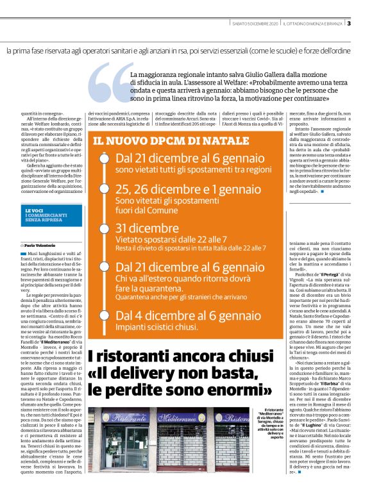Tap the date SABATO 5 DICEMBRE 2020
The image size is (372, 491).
255,24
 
